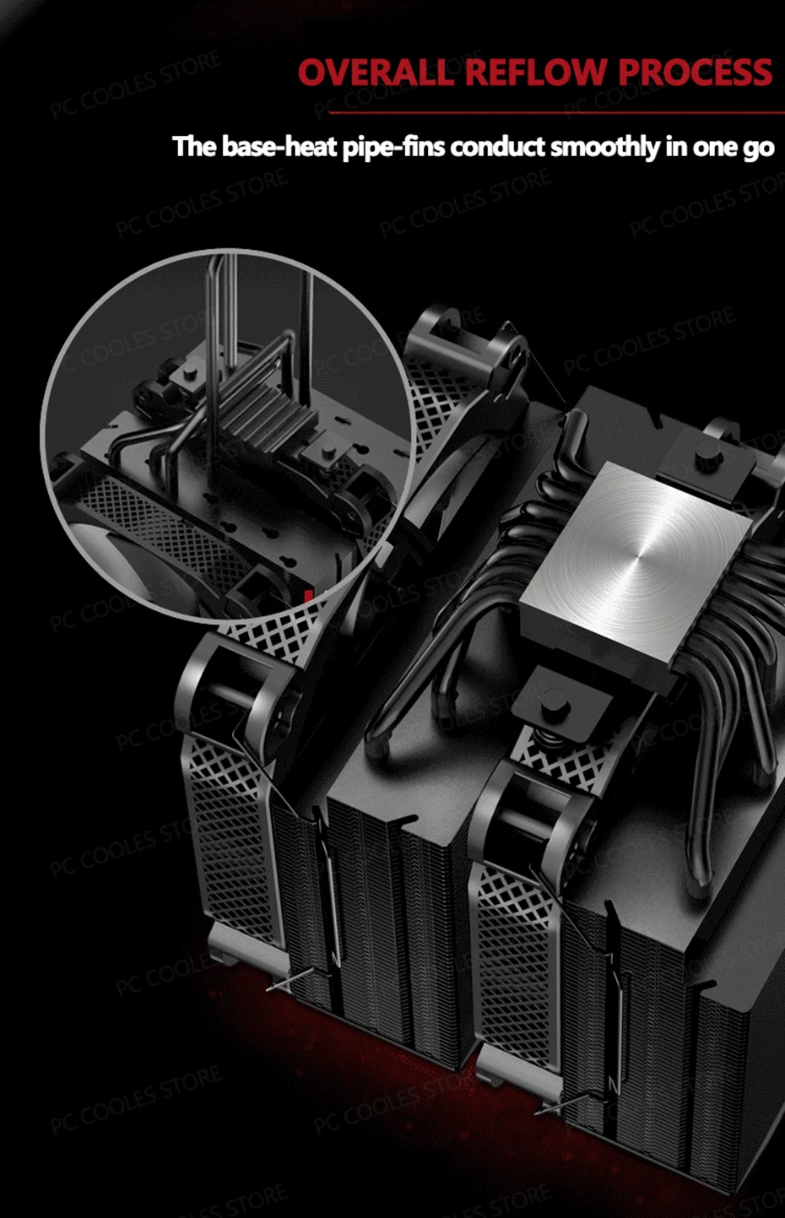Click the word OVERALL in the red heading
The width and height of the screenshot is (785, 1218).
376,72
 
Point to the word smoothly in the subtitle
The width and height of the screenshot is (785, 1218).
604,147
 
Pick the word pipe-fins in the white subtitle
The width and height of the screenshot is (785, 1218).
393,148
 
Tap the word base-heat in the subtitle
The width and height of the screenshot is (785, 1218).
279,147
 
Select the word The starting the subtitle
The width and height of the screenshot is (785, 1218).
194,147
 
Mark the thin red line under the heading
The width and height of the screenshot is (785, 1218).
557,112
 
